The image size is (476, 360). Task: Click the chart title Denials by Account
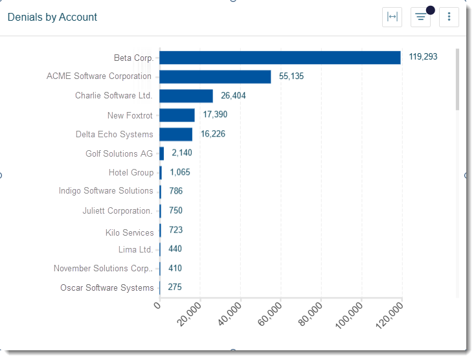point(52,17)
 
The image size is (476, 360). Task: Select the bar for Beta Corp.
point(280,58)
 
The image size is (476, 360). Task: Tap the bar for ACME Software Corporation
point(215,76)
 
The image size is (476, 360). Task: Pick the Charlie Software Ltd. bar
point(186,96)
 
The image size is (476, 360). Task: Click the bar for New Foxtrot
point(177,115)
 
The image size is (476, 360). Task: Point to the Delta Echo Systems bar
point(176,134)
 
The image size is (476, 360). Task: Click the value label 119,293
point(423,57)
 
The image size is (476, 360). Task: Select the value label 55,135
point(291,76)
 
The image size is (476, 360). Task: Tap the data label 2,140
point(182,153)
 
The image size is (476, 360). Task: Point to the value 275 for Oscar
point(175,287)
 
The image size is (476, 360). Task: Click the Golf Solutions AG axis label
point(119,154)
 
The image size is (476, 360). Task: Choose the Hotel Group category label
point(131,173)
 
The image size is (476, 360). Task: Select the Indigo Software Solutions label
point(106,191)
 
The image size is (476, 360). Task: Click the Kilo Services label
point(130,232)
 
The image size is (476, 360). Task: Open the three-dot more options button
point(449,17)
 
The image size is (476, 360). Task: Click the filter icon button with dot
point(421,17)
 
